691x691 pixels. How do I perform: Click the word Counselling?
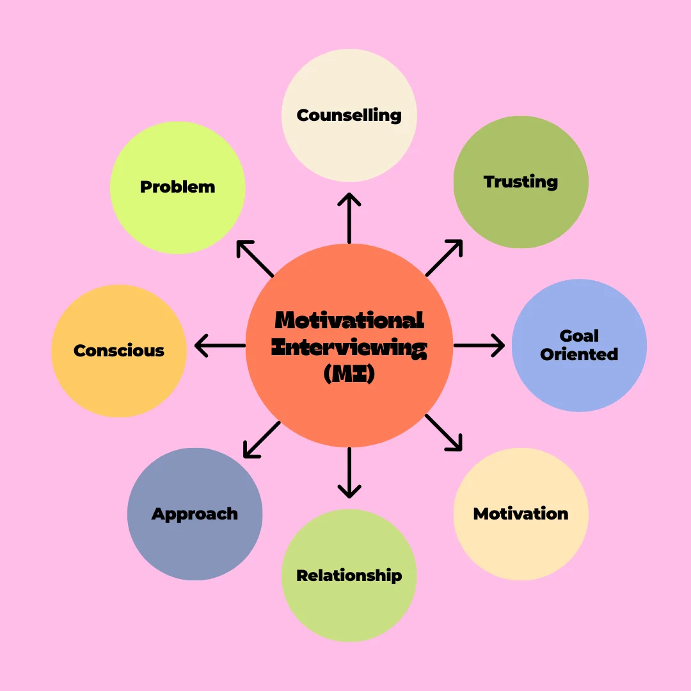click(349, 116)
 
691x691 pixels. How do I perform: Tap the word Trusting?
click(520, 182)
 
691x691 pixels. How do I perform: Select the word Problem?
click(177, 187)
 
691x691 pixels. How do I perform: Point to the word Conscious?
click(119, 351)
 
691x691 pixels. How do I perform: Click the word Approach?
click(195, 514)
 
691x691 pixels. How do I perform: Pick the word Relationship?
click(349, 576)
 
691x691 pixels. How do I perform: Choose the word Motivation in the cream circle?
click(520, 514)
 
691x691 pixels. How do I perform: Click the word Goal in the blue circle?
click(579, 336)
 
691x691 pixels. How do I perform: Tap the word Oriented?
click(579, 354)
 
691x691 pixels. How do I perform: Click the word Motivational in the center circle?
click(349, 320)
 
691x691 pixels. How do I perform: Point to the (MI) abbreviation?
click(349, 374)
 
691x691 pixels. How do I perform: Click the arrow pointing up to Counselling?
click(349, 218)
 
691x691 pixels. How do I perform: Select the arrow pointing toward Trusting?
click(444, 258)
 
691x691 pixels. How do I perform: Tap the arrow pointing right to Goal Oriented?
click(479, 345)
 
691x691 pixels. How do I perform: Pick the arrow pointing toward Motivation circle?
click(443, 433)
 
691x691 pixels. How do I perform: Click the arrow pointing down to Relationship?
click(349, 473)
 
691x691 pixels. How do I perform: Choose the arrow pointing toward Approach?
click(262, 440)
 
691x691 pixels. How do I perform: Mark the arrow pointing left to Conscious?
click(219, 345)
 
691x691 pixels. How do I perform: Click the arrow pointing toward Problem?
click(255, 258)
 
